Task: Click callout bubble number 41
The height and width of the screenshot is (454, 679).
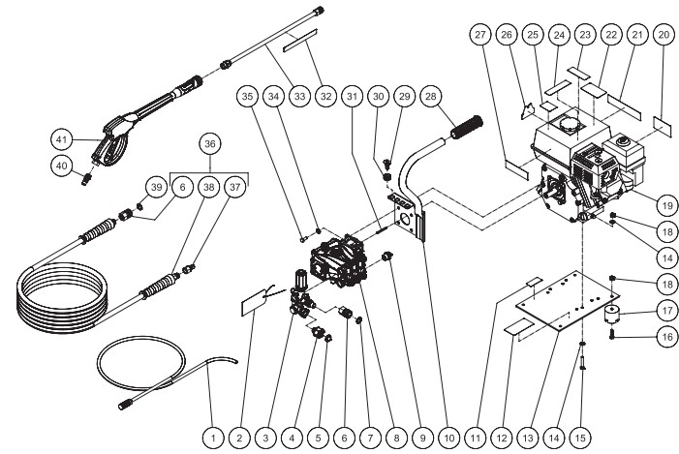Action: pyautogui.click(x=61, y=139)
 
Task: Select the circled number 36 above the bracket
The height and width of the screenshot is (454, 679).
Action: pyautogui.click(x=210, y=143)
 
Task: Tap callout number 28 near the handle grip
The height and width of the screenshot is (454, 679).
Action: pyautogui.click(x=430, y=96)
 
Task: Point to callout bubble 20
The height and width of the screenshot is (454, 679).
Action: pyautogui.click(x=664, y=35)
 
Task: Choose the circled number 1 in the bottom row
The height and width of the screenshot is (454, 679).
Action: pyautogui.click(x=213, y=438)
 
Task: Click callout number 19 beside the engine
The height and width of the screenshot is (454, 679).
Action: pyautogui.click(x=667, y=206)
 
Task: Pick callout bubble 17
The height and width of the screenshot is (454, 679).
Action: pyautogui.click(x=667, y=311)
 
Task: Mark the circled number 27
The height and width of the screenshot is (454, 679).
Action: pyautogui.click(x=480, y=35)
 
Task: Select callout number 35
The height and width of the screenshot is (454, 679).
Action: pyautogui.click(x=247, y=96)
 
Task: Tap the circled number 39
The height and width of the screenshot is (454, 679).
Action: pyautogui.click(x=156, y=187)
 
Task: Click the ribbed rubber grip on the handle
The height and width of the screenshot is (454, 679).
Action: pyautogui.click(x=467, y=127)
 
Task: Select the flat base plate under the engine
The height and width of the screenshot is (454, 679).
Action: pyautogui.click(x=568, y=301)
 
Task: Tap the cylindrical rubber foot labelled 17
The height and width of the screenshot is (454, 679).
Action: pyautogui.click(x=611, y=315)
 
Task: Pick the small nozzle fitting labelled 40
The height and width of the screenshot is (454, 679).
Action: pyautogui.click(x=86, y=178)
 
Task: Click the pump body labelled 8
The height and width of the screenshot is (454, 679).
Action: pyautogui.click(x=339, y=261)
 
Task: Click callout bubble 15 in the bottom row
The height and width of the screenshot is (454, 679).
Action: pyautogui.click(x=580, y=438)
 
